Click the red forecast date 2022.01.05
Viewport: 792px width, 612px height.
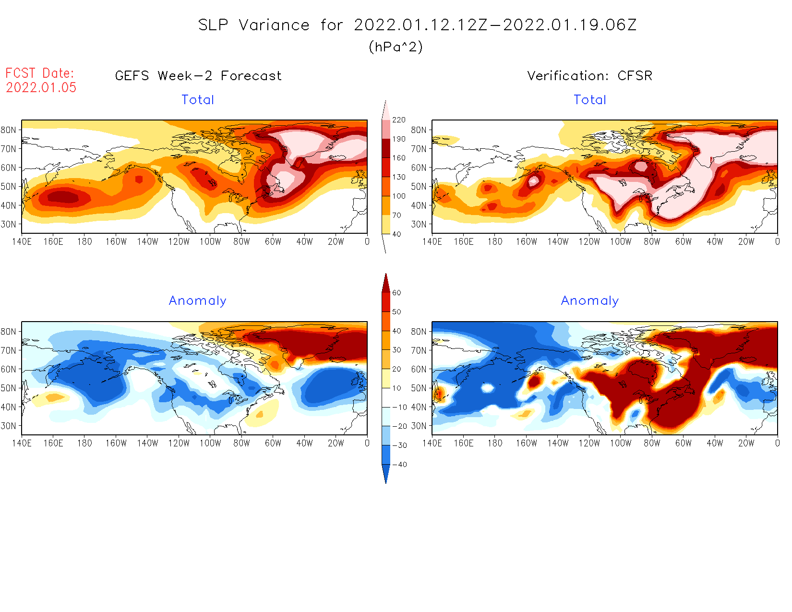pyautogui.click(x=41, y=87)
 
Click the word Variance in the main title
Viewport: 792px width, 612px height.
pyautogui.click(x=274, y=25)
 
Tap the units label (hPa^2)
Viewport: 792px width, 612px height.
pyautogui.click(x=396, y=47)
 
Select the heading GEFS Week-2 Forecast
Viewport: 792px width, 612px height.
pyautogui.click(x=198, y=76)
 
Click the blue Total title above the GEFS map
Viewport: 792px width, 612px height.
pyautogui.click(x=198, y=100)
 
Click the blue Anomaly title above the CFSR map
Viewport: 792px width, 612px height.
pyautogui.click(x=590, y=300)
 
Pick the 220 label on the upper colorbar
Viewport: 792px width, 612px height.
pyautogui.click(x=398, y=120)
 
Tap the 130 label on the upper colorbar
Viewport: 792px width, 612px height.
pyautogui.click(x=398, y=177)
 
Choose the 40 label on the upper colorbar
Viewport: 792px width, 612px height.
pyautogui.click(x=396, y=234)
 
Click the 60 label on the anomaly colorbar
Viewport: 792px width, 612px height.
pyautogui.click(x=396, y=293)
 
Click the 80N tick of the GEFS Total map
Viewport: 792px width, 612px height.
pyautogui.click(x=8, y=130)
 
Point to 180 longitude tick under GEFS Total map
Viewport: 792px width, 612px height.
pyautogui.click(x=84, y=242)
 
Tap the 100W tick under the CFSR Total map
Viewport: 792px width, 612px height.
pyautogui.click(x=621, y=242)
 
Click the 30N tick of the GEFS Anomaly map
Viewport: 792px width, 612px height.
pyautogui.click(x=8, y=426)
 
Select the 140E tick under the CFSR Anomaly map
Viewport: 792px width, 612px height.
pyautogui.click(x=432, y=444)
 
